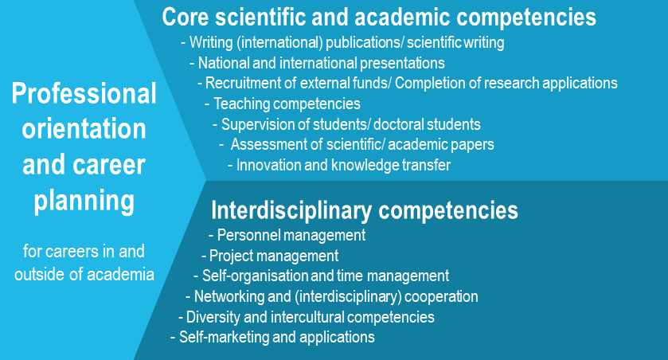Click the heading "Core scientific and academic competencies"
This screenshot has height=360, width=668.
tap(379, 18)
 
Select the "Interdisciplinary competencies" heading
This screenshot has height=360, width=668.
tap(365, 210)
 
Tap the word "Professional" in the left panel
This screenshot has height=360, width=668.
tap(84, 94)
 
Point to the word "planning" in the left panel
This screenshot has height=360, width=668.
tap(84, 201)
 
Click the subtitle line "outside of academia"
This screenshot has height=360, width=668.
tap(84, 274)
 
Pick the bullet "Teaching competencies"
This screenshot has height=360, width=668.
tap(283, 104)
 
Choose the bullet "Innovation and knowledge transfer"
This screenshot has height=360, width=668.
tap(339, 165)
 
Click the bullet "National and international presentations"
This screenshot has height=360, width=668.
tap(318, 63)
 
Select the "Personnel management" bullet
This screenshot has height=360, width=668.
tap(287, 235)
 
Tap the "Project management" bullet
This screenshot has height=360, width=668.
tap(270, 256)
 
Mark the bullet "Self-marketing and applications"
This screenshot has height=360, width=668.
tap(272, 337)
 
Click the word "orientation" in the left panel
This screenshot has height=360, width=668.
tap(84, 129)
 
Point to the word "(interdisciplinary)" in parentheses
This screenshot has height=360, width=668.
tap(348, 296)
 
